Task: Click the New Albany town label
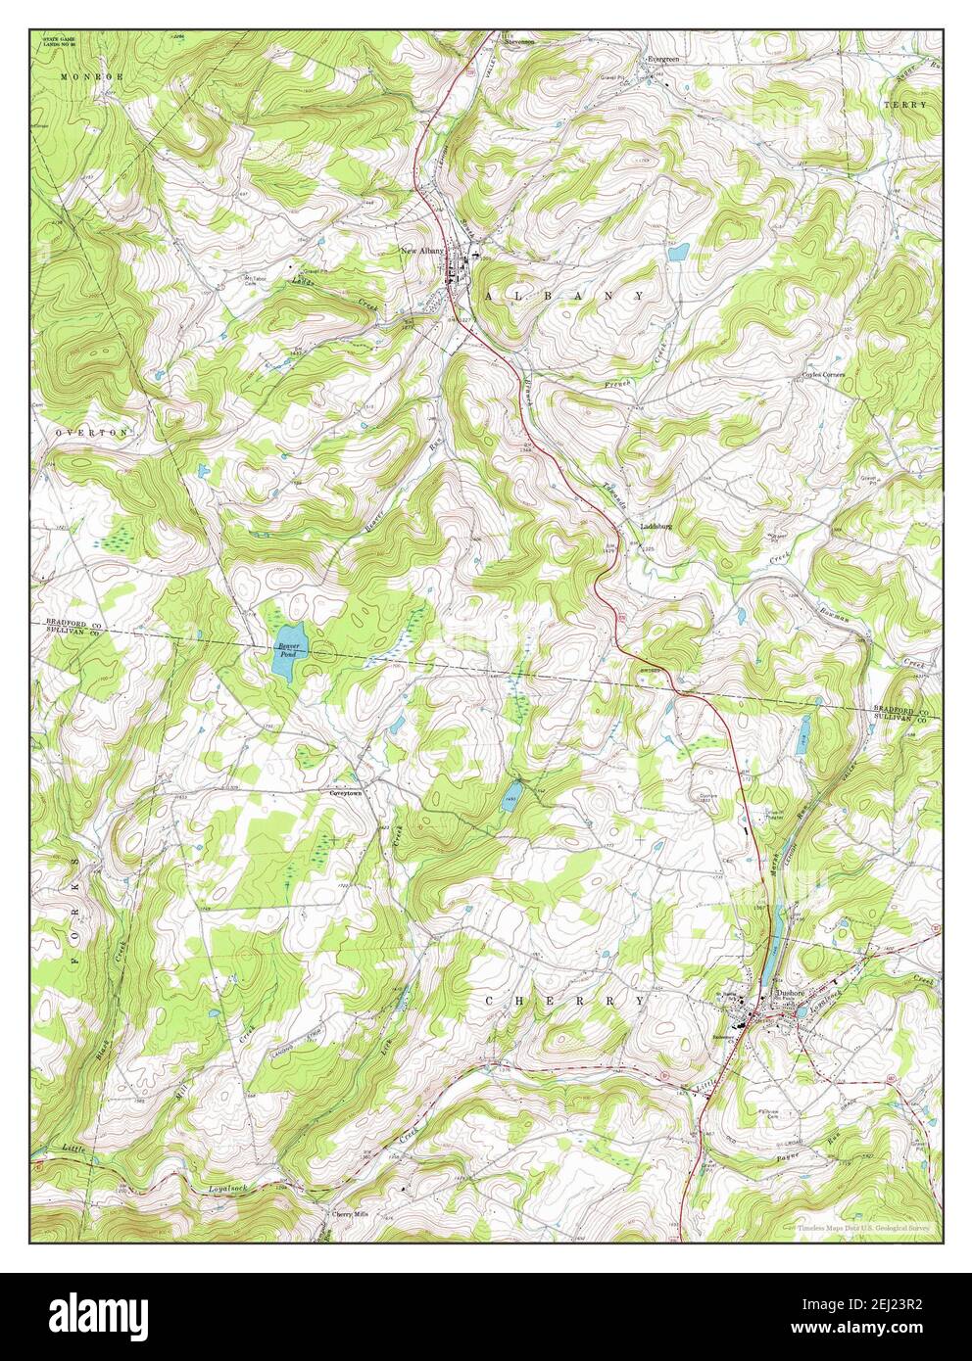click(422, 252)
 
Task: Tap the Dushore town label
click(790, 992)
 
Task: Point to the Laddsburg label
click(656, 526)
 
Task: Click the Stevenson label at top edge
click(521, 42)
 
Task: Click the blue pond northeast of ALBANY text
click(678, 253)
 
